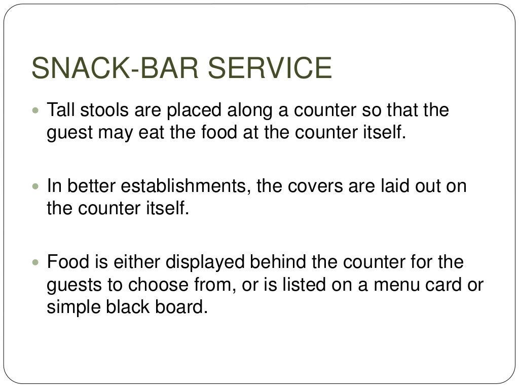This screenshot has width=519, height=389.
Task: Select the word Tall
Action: (61, 110)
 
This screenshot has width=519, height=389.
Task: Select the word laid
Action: (394, 186)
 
